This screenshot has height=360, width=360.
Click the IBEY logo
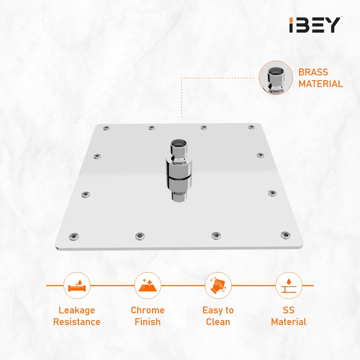click(315, 24)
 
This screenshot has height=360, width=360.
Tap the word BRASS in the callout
click(313, 72)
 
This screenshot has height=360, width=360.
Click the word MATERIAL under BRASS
click(320, 84)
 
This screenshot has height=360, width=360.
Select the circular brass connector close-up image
click(276, 78)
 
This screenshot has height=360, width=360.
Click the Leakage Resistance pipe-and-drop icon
click(77, 285)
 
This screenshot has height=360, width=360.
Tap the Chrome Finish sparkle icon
click(147, 285)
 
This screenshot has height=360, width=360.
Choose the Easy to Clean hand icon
click(218, 285)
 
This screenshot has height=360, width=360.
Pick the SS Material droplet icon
click(289, 285)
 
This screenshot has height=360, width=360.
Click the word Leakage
click(77, 310)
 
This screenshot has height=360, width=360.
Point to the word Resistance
click(77, 322)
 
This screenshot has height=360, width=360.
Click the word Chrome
click(148, 310)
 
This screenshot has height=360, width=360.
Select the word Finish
click(148, 322)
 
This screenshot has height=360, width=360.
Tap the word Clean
click(218, 322)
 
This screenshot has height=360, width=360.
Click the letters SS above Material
click(289, 310)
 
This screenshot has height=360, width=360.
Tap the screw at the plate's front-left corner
click(74, 237)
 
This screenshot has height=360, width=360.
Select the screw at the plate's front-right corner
click(285, 235)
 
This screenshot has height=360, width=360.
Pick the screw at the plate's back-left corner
click(106, 128)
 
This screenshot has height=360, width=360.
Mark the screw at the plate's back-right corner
click(251, 127)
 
